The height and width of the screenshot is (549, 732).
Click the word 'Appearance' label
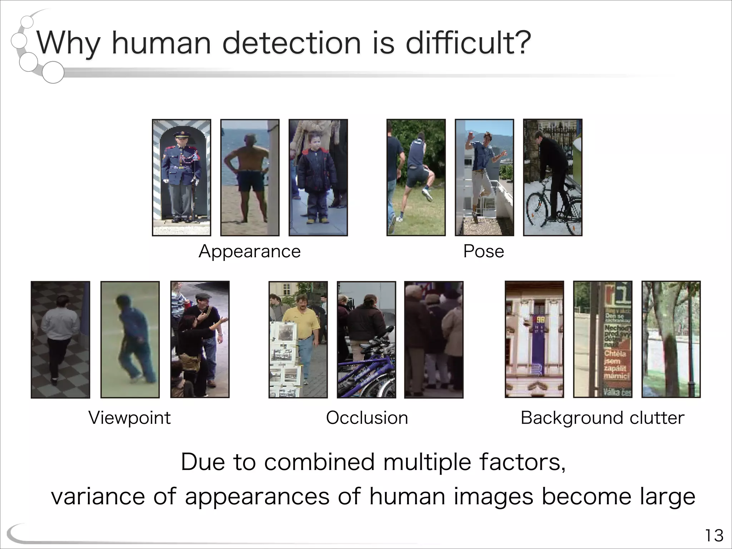[x=249, y=251]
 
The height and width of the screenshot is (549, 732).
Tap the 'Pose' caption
[x=484, y=251]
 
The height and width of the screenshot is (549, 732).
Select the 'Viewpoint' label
[x=130, y=418]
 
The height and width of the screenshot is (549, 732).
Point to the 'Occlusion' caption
[x=367, y=418]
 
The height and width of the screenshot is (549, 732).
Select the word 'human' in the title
[x=161, y=43]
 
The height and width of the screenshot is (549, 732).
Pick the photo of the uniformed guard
[x=182, y=178]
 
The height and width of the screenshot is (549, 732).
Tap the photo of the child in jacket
[x=318, y=178]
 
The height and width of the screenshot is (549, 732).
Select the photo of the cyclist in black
[x=553, y=178]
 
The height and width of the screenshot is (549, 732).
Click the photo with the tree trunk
[x=671, y=340]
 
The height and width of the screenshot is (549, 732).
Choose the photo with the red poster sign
[x=603, y=340]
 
